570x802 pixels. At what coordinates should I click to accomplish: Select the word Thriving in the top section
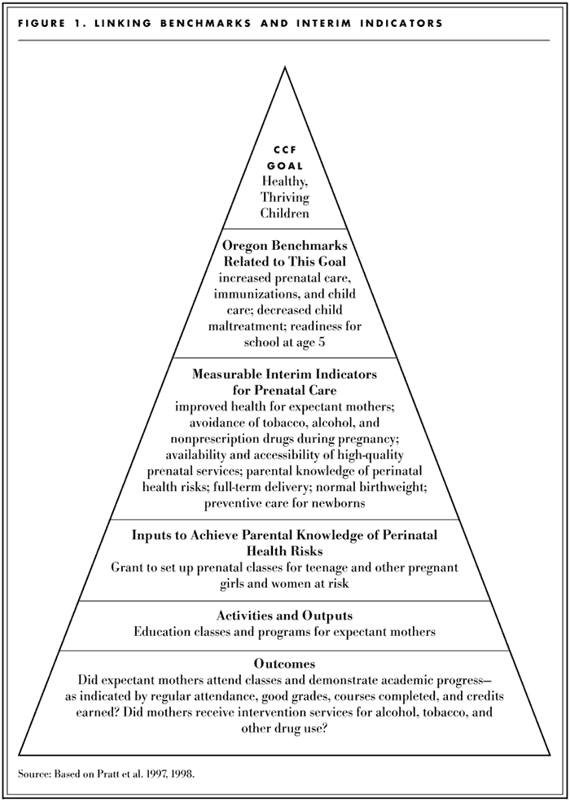(285, 198)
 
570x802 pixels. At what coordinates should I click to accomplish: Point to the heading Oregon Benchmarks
(284, 244)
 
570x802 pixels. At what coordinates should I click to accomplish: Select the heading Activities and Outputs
(284, 616)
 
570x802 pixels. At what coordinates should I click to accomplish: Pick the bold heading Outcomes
(284, 664)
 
